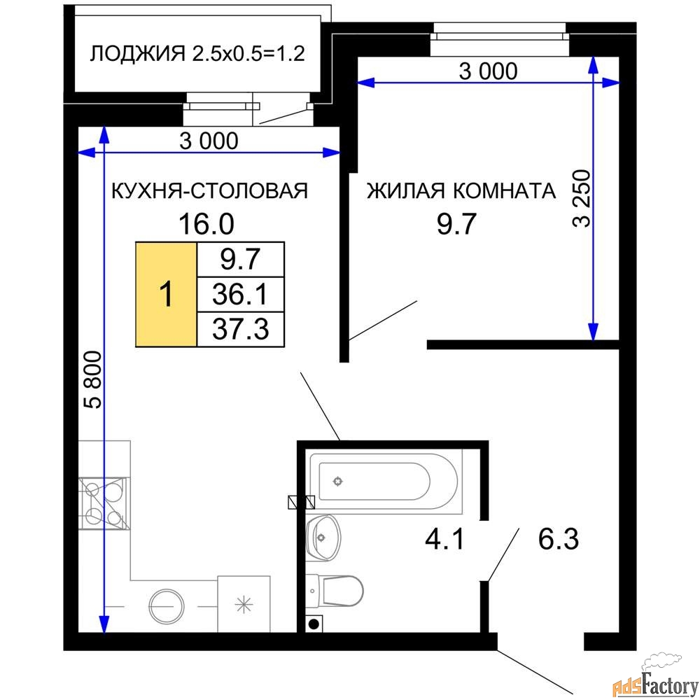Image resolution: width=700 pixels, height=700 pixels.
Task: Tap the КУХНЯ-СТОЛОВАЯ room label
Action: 210,190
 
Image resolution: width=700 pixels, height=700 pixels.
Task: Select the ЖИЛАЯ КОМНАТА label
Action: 461,190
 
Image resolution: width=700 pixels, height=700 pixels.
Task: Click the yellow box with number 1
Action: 166,294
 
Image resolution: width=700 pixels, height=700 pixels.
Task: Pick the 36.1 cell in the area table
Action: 241,294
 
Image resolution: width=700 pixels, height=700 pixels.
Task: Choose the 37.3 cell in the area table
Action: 241,328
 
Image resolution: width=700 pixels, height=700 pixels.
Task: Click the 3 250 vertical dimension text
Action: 582,198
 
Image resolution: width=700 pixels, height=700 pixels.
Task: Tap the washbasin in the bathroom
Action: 323,538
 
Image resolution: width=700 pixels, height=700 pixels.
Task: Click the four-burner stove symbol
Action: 103,504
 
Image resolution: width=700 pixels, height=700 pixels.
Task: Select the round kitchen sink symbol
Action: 167,604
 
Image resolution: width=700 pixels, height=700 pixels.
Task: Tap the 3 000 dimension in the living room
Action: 488,71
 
